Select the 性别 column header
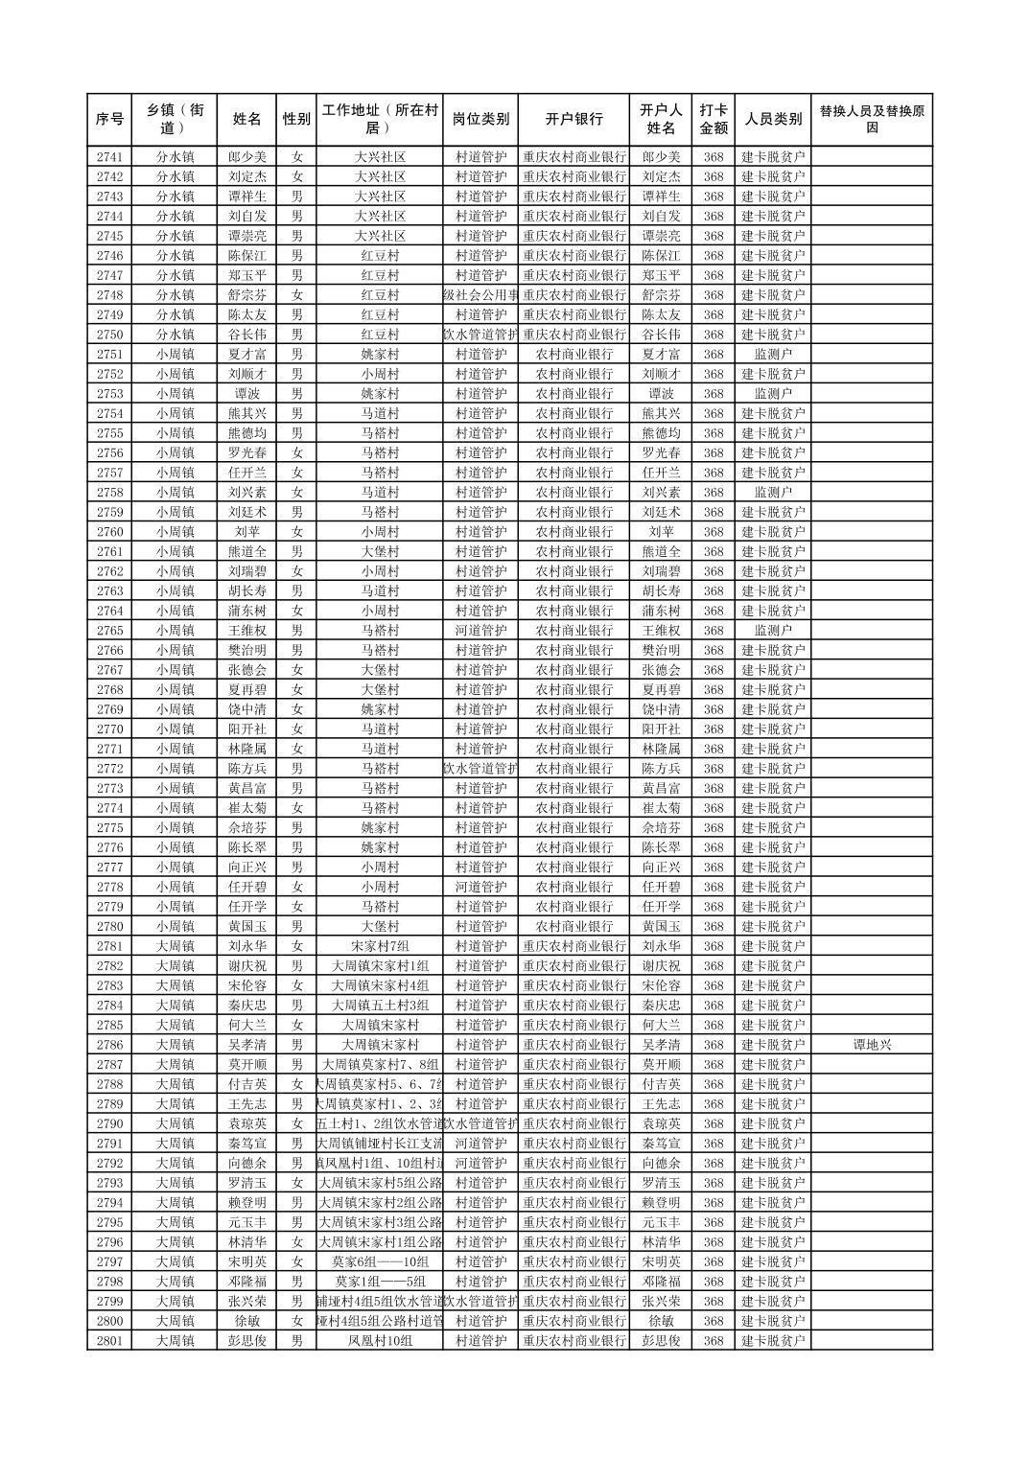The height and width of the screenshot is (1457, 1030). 296,120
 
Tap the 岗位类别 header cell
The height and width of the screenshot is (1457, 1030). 480,120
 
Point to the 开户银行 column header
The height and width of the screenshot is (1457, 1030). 574,120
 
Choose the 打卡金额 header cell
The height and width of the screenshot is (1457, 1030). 713,120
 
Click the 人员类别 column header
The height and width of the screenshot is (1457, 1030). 773,120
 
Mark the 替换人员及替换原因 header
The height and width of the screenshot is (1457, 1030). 871,120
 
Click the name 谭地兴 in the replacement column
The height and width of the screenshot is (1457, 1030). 871,1045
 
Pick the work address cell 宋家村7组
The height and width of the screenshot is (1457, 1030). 380,946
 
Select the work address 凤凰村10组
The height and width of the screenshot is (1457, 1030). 380,1341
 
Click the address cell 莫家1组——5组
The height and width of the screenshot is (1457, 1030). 380,1282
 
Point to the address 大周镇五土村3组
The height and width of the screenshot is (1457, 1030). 380,1006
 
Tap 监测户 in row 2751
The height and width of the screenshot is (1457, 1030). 773,355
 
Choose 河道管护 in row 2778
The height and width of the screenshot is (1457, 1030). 480,888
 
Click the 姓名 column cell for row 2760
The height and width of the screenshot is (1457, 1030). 247,532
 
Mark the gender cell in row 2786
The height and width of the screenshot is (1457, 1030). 296,1045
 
